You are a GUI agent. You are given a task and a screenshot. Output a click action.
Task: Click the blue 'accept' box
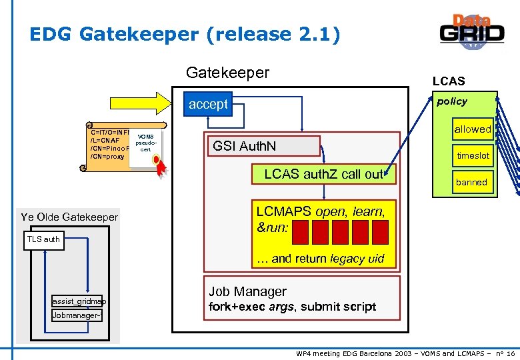208,104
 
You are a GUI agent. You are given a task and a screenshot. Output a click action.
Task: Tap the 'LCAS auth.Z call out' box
325,175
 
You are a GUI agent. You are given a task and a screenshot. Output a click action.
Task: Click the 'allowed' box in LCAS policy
472,129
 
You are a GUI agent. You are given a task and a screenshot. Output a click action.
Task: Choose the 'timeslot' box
472,155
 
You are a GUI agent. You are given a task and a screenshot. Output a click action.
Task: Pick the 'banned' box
471,182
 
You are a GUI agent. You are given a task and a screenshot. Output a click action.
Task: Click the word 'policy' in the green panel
451,101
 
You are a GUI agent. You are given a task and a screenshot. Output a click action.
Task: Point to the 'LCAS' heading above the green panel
449,81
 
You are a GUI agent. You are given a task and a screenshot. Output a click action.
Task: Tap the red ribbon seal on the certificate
157,163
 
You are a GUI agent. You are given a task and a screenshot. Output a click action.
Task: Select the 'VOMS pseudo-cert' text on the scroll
145,143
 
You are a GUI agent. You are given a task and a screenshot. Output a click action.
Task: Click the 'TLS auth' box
43,239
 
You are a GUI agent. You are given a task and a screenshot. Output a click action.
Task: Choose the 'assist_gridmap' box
79,301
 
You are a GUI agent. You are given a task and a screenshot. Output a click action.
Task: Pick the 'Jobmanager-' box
77,315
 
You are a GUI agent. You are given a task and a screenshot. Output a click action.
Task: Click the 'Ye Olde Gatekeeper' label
69,217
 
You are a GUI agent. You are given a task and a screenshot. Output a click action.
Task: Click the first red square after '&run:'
301,232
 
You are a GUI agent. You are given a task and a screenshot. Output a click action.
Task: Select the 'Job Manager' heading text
247,291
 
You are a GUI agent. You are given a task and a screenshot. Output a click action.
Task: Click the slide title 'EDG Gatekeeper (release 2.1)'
185,34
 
